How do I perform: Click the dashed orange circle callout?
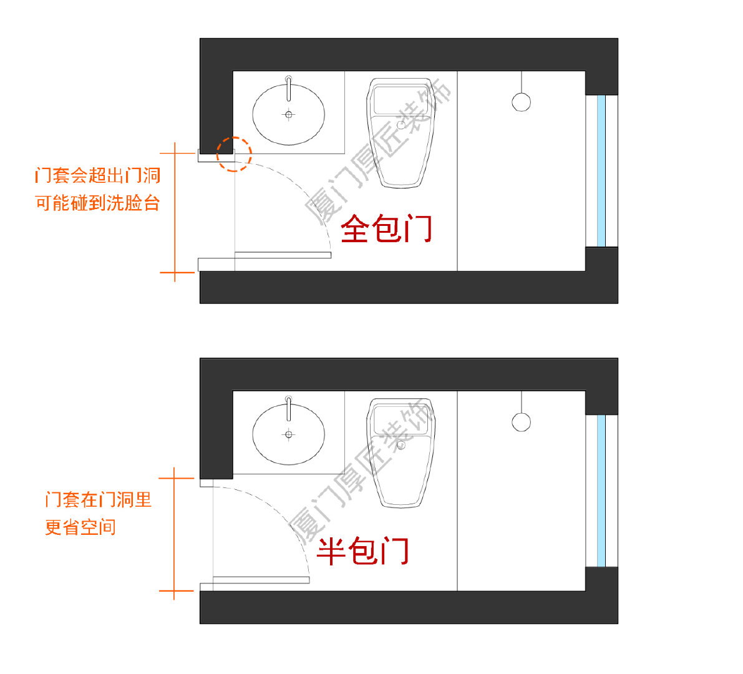coord(234,154)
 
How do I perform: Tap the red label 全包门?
coord(386,228)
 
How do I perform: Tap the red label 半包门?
coord(362,550)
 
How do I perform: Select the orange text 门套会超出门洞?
coord(98,175)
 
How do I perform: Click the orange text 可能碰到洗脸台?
coord(98,203)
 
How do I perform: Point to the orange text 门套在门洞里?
coord(99,499)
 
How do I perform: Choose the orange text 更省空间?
coord(80,527)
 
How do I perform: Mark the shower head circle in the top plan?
coord(521,102)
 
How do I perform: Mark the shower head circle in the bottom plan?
coord(521,422)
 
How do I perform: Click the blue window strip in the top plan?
coord(601,170)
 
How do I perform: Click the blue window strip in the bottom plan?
coord(601,491)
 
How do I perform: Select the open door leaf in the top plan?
coord(283,255)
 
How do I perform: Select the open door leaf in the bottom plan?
coord(261,580)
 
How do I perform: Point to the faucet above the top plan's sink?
coord(288,89)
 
